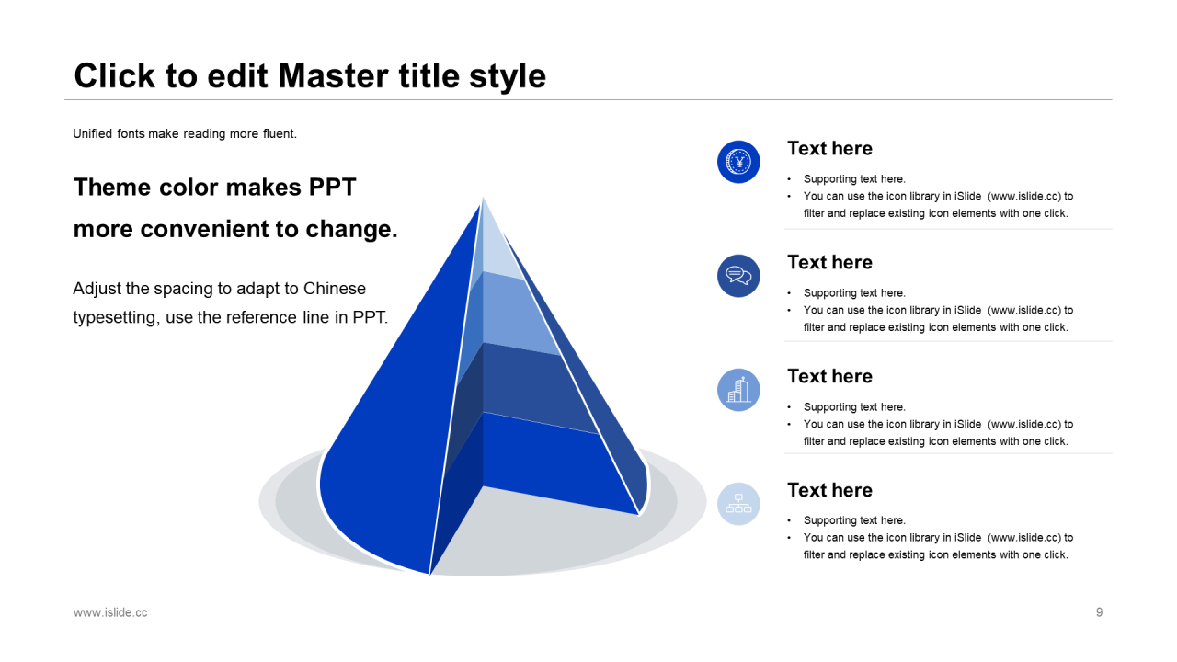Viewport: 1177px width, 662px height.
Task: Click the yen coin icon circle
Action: tap(738, 162)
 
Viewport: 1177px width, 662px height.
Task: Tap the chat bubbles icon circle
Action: tap(738, 276)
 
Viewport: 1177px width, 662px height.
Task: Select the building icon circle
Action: tap(738, 390)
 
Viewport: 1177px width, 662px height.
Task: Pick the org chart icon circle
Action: tap(738, 504)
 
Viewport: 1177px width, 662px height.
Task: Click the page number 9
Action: tap(1099, 612)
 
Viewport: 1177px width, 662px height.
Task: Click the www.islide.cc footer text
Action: tap(110, 612)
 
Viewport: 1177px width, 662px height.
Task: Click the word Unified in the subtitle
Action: tap(93, 133)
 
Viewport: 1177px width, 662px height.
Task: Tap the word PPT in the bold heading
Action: tap(332, 187)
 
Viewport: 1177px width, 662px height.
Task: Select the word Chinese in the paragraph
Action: tap(334, 289)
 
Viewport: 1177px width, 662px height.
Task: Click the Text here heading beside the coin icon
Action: tap(829, 148)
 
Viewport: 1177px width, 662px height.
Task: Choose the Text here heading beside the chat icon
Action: tap(829, 262)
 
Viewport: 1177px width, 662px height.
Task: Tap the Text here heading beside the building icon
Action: tap(829, 376)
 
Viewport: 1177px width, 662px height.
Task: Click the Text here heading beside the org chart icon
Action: tap(829, 490)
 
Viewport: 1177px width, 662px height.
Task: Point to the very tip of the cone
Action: tap(483, 199)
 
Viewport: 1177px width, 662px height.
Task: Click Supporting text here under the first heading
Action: tap(854, 179)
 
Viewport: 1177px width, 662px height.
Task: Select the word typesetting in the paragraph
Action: tap(116, 318)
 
